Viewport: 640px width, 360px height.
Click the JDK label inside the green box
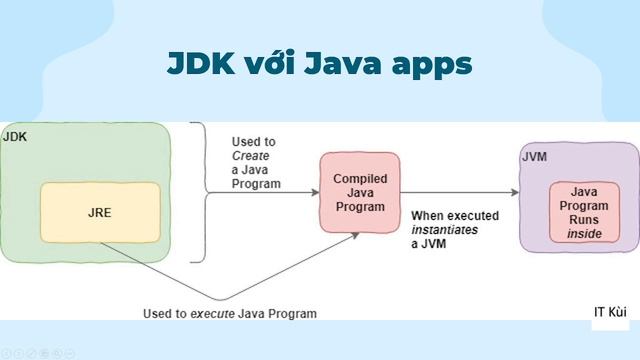pos(15,136)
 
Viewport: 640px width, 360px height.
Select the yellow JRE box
pos(99,213)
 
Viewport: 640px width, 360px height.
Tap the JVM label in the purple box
pos(534,157)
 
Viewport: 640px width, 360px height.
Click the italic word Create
pos(251,156)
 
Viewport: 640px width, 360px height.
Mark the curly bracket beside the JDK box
pos(199,192)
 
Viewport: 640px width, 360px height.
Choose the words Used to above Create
pos(253,142)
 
